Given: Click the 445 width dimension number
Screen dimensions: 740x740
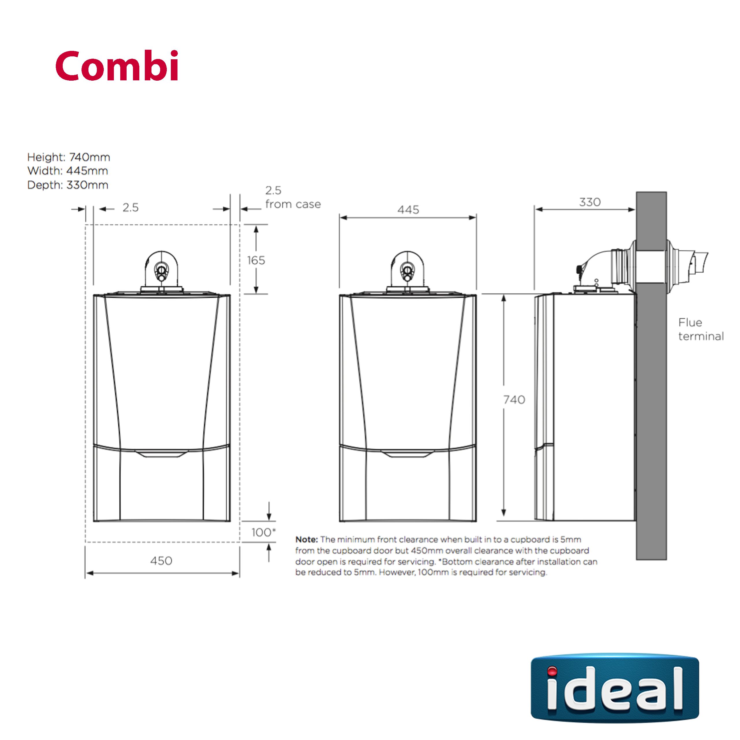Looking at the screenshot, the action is pos(408,210).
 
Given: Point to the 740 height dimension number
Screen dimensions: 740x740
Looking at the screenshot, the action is pos(514,399).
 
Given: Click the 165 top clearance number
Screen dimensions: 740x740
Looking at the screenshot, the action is pos(256,260).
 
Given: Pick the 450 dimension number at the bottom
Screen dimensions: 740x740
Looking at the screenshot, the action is pos(161,560).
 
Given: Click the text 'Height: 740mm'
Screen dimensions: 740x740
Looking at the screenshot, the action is pos(69,157).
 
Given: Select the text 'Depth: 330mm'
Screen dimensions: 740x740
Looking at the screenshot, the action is pos(68,185).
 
